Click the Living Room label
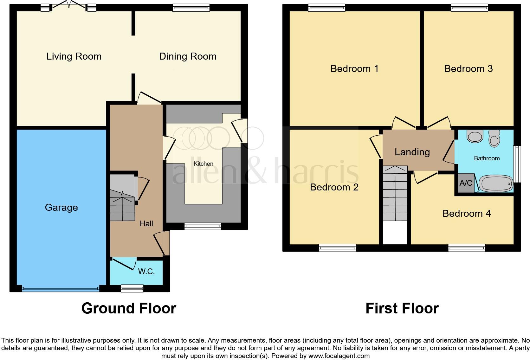click(x=74, y=56)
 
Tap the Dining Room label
click(x=188, y=56)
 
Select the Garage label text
click(x=61, y=208)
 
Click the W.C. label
click(x=146, y=272)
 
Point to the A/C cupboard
click(x=466, y=183)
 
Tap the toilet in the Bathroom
click(x=494, y=138)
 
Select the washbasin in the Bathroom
click(x=475, y=137)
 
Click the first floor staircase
click(x=395, y=193)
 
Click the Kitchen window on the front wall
click(x=203, y=226)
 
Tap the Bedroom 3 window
click(x=469, y=8)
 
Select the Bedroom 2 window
click(x=337, y=248)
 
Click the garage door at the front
click(x=61, y=289)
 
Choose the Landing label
click(x=412, y=152)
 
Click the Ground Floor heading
click(x=129, y=308)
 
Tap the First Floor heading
click(x=402, y=308)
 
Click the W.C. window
click(x=132, y=288)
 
